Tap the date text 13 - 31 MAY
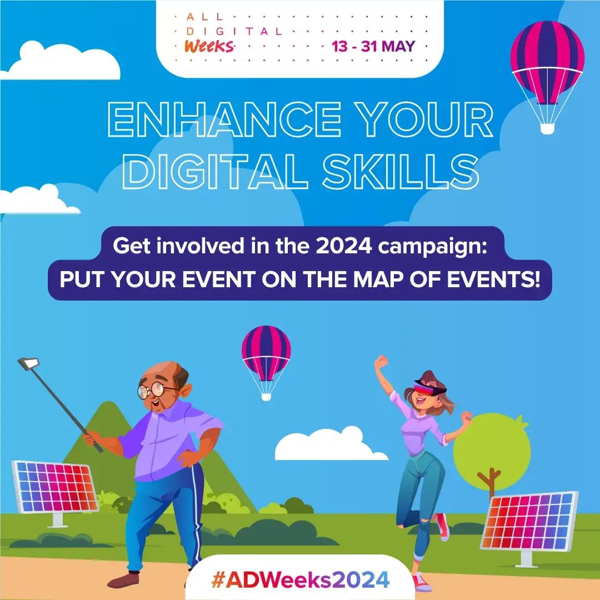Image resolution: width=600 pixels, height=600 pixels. pos(373,46)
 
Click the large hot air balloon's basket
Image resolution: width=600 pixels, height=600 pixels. pos(547,128)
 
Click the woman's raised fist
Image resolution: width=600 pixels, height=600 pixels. pos(381,362)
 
